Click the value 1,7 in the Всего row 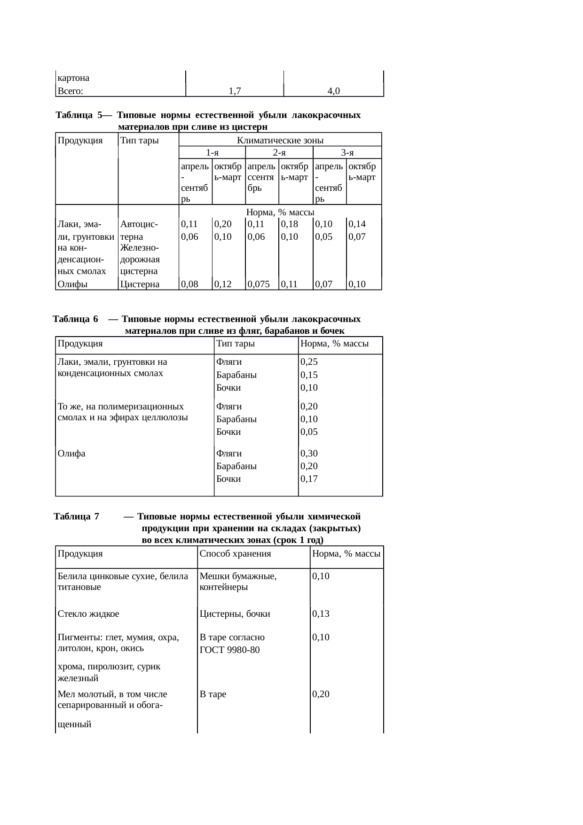(235, 91)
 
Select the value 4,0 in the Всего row (334, 91)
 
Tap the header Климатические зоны (280, 140)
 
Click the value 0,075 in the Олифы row (258, 284)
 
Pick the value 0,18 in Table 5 (290, 224)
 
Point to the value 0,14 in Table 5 (357, 224)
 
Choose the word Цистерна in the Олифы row (140, 284)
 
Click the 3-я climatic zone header (347, 152)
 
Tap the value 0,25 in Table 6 (309, 362)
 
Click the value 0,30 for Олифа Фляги (309, 453)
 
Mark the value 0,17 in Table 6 (309, 479)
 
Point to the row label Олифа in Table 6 (71, 453)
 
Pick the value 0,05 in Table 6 (309, 432)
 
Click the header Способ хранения (235, 553)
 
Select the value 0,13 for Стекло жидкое (321, 613)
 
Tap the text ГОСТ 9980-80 (229, 650)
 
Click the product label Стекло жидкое (88, 613)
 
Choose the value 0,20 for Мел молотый (321, 694)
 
